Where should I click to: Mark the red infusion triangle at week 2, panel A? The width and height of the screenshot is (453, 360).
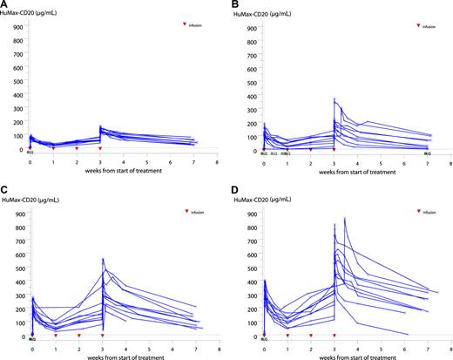click(77, 149)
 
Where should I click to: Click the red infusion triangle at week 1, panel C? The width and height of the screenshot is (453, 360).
click(54, 336)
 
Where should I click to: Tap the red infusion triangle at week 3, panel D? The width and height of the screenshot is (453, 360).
click(335, 336)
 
